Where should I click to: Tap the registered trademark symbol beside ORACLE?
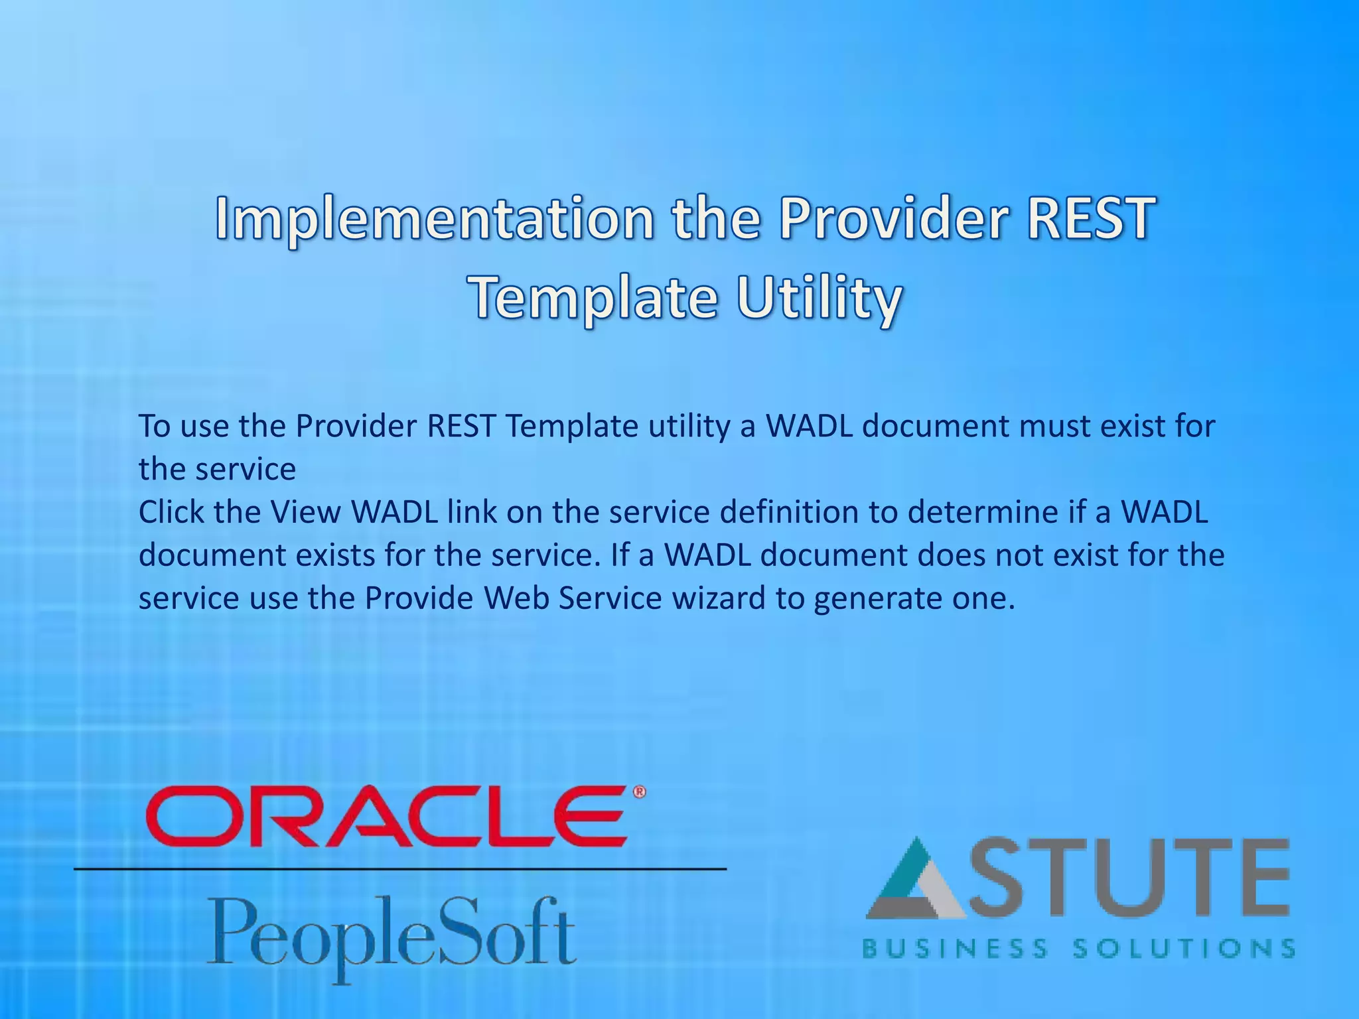point(639,791)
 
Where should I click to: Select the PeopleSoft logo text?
point(392,934)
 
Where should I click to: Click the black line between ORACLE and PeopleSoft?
point(400,868)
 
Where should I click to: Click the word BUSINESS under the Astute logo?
point(954,949)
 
